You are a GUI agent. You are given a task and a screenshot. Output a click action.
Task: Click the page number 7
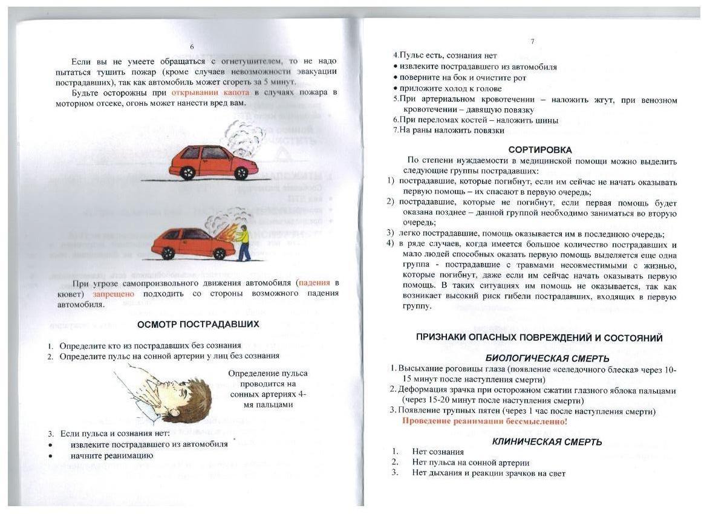click(532, 42)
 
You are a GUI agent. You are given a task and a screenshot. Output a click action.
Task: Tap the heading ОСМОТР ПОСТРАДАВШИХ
click(198, 324)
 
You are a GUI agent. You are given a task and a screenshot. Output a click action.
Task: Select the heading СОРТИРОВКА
click(540, 149)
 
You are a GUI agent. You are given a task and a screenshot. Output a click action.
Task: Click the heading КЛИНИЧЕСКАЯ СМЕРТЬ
click(547, 441)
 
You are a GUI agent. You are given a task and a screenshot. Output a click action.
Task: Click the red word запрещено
click(113, 293)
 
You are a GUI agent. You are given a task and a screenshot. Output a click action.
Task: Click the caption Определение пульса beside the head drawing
click(267, 373)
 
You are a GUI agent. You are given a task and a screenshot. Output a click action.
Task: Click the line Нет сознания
click(438, 452)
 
